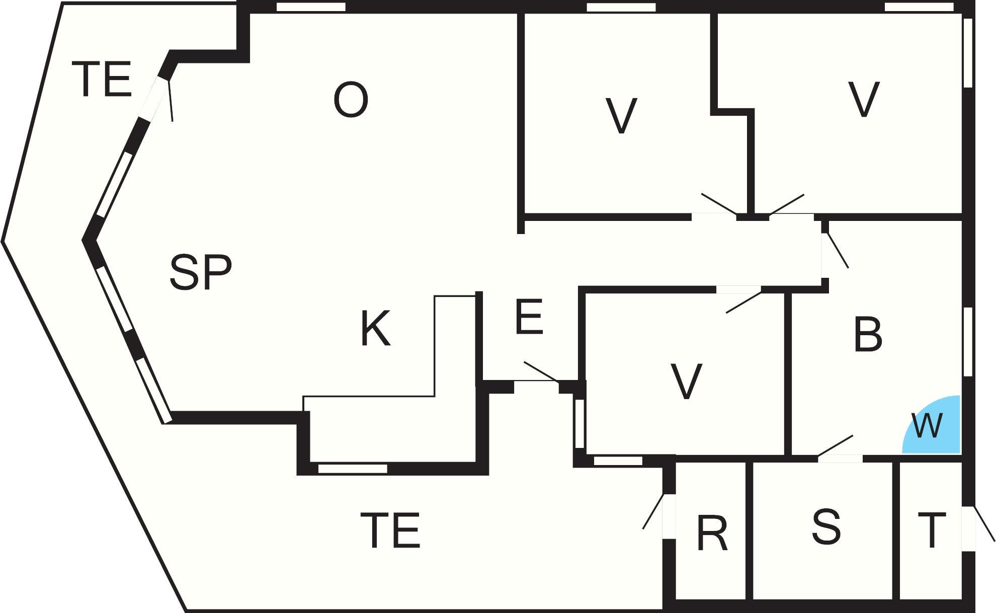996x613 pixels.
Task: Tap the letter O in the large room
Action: click(x=351, y=100)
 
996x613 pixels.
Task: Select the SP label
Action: click(x=201, y=272)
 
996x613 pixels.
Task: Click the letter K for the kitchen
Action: click(x=376, y=328)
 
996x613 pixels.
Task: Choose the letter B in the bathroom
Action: click(x=868, y=334)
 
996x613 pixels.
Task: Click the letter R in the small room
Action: click(x=712, y=533)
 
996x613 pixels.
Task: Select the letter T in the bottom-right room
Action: click(x=932, y=529)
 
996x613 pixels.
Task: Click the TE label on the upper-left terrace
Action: click(x=102, y=79)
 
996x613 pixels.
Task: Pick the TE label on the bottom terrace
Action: click(x=390, y=529)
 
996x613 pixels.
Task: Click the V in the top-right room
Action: click(x=864, y=99)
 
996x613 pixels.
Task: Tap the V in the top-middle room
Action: click(x=621, y=116)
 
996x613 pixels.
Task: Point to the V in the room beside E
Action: click(x=687, y=381)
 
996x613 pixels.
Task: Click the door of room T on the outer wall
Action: click(x=978, y=528)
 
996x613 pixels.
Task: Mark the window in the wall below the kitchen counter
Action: click(x=353, y=469)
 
